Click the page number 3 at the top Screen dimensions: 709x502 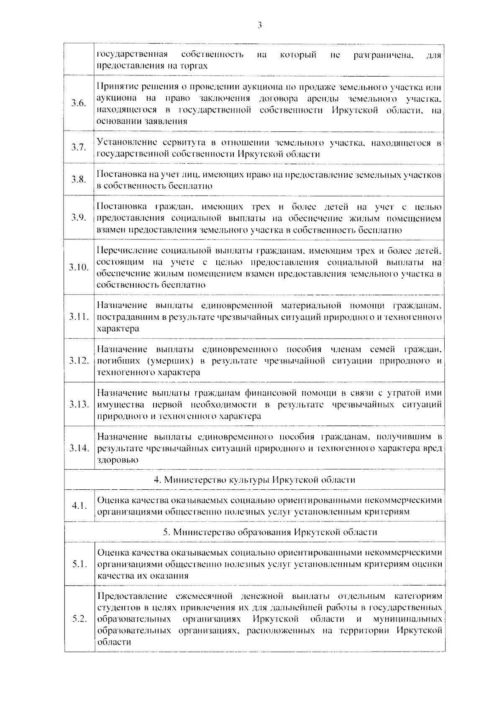(259, 25)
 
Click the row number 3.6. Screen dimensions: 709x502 (79, 103)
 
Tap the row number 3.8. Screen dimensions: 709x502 (79, 180)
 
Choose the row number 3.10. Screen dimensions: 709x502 (79, 267)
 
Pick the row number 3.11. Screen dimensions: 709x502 (79, 317)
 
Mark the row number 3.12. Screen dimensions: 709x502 (79, 361)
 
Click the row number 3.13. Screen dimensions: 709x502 (79, 404)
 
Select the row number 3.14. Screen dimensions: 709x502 (79, 448)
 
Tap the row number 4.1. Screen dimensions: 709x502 (79, 506)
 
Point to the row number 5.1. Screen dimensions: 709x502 (79, 564)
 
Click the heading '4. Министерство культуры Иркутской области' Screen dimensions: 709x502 (254, 480)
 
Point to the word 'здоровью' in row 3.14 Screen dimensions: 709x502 (118, 460)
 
